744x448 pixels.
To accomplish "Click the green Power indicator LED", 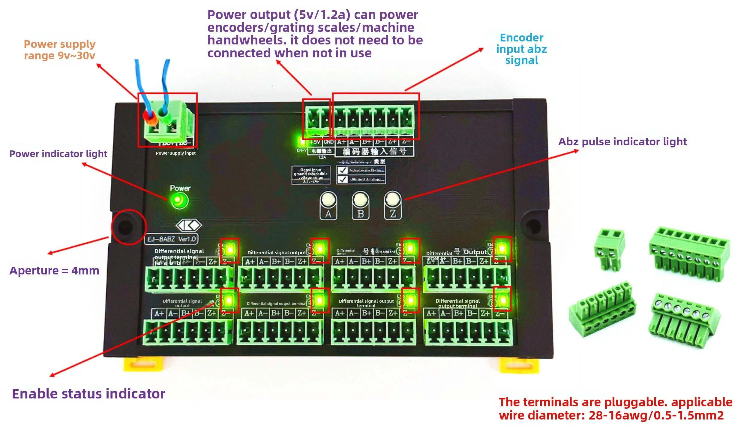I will point(179,200).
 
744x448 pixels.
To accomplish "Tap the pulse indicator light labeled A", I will point(328,199).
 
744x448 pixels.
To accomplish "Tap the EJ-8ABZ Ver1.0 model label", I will point(172,239).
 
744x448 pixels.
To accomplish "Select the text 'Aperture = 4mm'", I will point(54,271).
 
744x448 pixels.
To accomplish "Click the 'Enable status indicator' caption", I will point(88,394).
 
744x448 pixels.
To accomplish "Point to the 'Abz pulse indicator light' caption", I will point(622,142).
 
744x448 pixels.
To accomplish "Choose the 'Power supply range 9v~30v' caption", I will point(59,50).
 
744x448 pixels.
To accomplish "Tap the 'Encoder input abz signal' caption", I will point(521,49).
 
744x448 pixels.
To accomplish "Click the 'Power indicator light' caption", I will point(58,154).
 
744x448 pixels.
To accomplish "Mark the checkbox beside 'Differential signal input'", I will point(342,179).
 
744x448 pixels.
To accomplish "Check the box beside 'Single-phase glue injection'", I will point(342,170).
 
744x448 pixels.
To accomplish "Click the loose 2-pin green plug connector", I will point(609,249).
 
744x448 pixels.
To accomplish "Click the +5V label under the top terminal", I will point(315,142).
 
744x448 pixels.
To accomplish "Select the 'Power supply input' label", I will point(175,153).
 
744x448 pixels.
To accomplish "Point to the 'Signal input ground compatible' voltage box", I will point(310,175).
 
